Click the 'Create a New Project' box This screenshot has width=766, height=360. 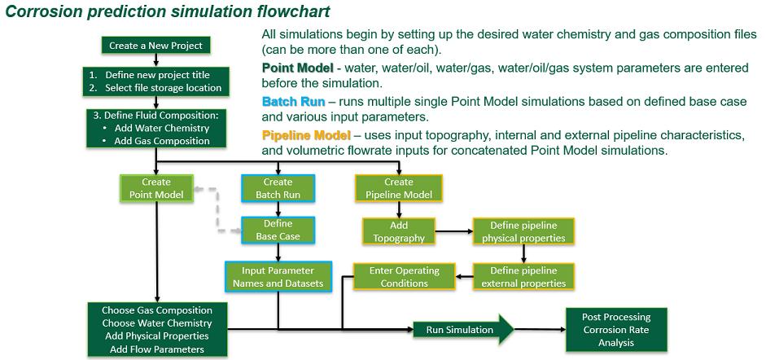pos(155,46)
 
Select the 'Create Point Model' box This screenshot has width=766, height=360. pos(155,188)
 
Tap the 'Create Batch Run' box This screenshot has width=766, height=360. pos(278,188)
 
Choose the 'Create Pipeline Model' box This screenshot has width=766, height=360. pos(398,188)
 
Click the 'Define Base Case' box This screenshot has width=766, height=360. pos(278,230)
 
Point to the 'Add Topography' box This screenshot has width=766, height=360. pos(398,231)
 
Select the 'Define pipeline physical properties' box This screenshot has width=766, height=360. pos(523,231)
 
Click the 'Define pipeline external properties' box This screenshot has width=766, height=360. pos(523,277)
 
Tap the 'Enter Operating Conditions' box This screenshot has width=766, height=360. pos(404,277)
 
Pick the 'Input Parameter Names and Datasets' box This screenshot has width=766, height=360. pos(278,277)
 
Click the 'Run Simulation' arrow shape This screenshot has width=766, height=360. pos(461,330)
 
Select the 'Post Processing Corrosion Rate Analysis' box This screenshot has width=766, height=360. pos(615,330)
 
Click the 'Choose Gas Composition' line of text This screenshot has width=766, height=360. pos(156,310)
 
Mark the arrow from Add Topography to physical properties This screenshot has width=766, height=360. pos(453,231)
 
